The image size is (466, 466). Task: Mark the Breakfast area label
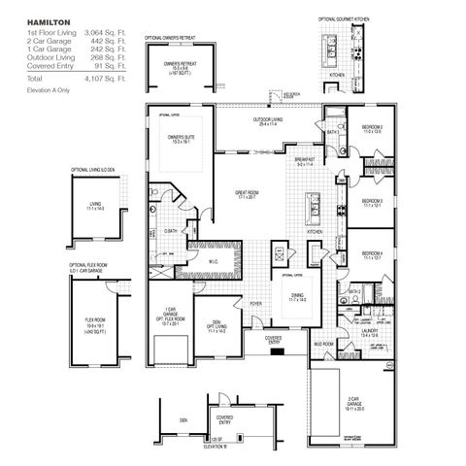pos(304,160)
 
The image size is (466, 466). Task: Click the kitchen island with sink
pos(315,206)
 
